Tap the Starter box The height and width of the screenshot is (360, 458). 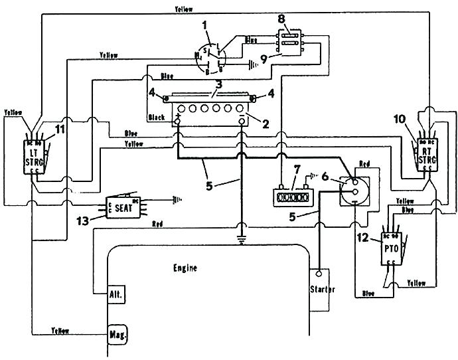pyautogui.click(x=321, y=290)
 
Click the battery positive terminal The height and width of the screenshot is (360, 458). pyautogui.click(x=179, y=120)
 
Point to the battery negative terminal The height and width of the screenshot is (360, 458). pyautogui.click(x=242, y=120)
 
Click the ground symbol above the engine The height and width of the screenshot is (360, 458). pyautogui.click(x=242, y=240)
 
